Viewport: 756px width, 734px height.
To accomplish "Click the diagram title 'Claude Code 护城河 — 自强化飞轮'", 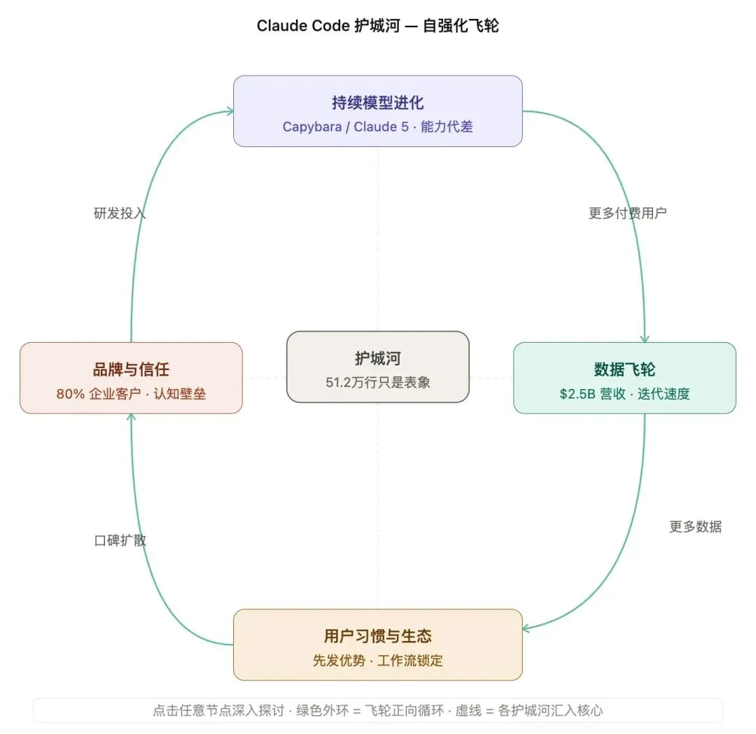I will [x=377, y=27].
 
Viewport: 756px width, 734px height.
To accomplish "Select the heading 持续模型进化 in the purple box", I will [x=377, y=104].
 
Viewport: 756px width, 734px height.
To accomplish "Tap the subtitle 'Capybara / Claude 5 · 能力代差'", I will [x=377, y=127].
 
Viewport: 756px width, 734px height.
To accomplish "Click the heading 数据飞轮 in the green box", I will [x=624, y=369].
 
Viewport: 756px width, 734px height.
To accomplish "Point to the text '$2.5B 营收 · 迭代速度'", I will [x=624, y=394].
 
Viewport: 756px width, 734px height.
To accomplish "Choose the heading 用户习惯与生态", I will [x=377, y=636].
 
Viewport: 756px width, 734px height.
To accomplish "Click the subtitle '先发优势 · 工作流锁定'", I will [x=377, y=661].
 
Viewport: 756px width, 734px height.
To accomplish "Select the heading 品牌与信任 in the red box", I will [x=131, y=369].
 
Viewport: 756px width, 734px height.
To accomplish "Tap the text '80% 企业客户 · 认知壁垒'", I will [x=131, y=394].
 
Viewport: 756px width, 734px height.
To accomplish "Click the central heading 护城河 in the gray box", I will [x=377, y=359].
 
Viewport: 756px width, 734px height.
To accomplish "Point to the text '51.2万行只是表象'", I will [x=377, y=382].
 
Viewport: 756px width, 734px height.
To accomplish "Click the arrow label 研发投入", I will [x=120, y=213].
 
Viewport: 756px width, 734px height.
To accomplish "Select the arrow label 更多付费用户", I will [x=627, y=213].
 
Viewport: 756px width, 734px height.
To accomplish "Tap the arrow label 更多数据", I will [x=695, y=527].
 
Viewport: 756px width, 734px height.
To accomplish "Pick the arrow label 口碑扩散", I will [x=120, y=540].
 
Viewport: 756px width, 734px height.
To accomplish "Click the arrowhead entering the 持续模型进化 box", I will [x=229, y=111].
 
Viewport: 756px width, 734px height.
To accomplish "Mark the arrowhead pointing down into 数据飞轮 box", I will [x=645, y=339].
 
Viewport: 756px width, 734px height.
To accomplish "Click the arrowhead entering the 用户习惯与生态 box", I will [x=526, y=628].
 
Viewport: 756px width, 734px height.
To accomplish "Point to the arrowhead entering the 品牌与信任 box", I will [x=131, y=418].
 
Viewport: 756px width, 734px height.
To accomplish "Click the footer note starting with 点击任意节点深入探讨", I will [x=377, y=710].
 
